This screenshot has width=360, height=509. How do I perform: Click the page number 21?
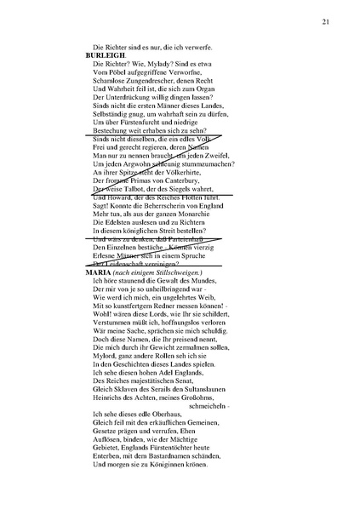pyautogui.click(x=326, y=21)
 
